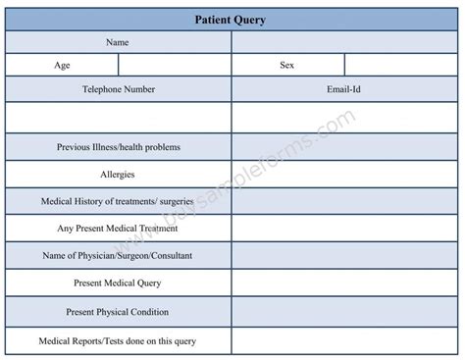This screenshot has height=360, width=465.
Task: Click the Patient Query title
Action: coord(232,18)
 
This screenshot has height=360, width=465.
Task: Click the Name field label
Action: coord(118,42)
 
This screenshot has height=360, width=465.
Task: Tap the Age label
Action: coord(62,66)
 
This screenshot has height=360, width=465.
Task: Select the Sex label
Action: coord(288,66)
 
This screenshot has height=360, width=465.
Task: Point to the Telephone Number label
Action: coord(118,89)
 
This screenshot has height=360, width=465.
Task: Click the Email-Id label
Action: coord(344,89)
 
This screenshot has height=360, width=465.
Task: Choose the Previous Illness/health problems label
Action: coord(118,147)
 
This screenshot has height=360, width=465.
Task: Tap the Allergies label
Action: coord(118,175)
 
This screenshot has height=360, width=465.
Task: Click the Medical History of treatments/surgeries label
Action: coord(118,201)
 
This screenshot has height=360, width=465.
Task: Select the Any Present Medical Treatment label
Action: coord(118,229)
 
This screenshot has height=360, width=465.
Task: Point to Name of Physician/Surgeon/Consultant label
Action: coord(118,256)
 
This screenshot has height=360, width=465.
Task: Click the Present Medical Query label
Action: coord(118,283)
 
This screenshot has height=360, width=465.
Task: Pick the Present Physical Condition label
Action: coord(118,312)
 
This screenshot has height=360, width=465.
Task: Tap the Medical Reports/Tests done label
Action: coord(118,340)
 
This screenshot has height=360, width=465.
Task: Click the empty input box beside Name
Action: coord(344,42)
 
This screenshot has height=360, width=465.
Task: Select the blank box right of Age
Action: coord(175,66)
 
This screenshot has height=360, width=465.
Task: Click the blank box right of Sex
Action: coord(401,66)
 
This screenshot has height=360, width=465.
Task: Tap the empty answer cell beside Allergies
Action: coord(344,175)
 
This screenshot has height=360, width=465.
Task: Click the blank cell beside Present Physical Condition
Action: coord(344,312)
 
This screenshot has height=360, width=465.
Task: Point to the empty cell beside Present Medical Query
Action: coord(344,283)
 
